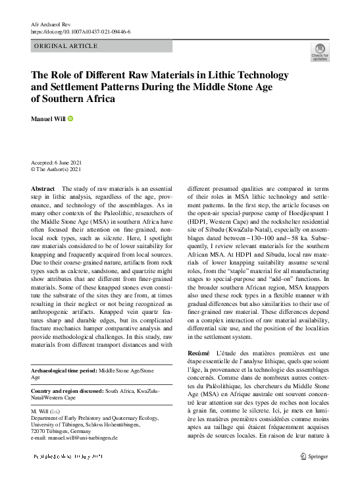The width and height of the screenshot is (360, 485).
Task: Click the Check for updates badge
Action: coord(319,52)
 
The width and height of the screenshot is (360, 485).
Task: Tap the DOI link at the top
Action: coord(81,32)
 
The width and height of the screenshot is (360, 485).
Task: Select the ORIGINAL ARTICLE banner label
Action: coord(66,46)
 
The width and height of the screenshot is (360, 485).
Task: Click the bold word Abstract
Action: coord(43,189)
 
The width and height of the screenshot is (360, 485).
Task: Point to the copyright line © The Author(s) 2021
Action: coord(56,169)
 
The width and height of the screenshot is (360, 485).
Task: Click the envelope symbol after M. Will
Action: coord(54,411)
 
